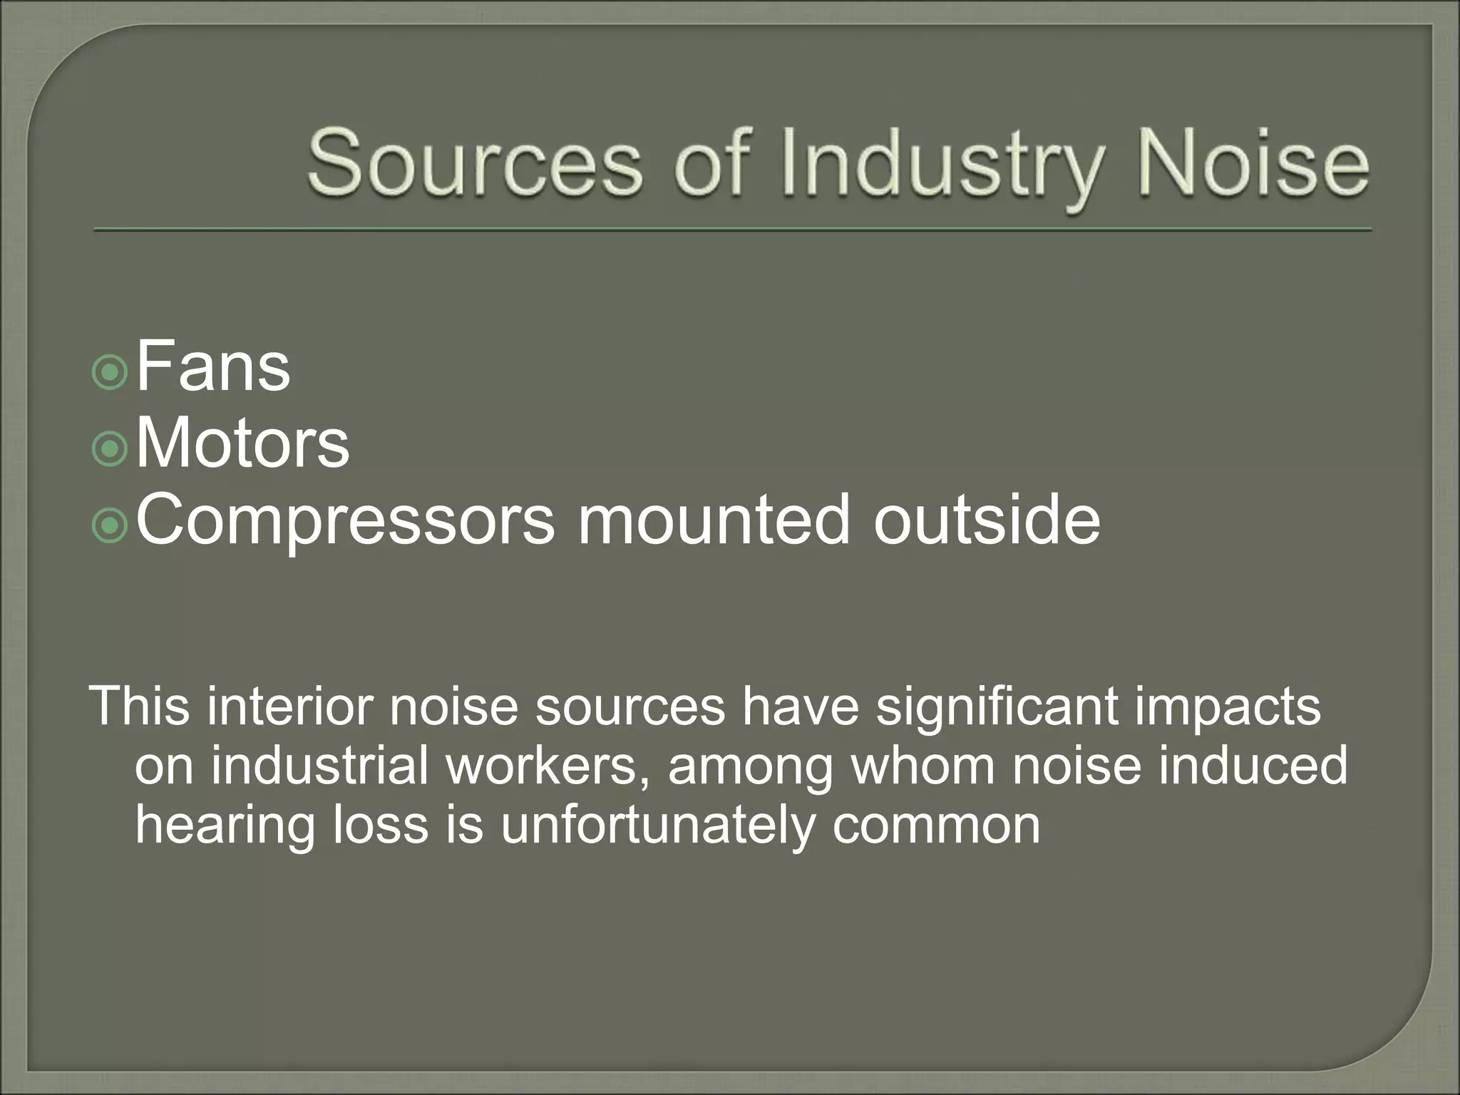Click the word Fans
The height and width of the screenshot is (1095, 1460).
213,368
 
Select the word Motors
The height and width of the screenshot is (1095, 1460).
242,444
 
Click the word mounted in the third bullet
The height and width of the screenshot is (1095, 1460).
714,521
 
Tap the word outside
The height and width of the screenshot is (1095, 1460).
987,521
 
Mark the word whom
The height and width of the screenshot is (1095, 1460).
923,766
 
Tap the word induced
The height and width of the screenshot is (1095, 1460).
1254,766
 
